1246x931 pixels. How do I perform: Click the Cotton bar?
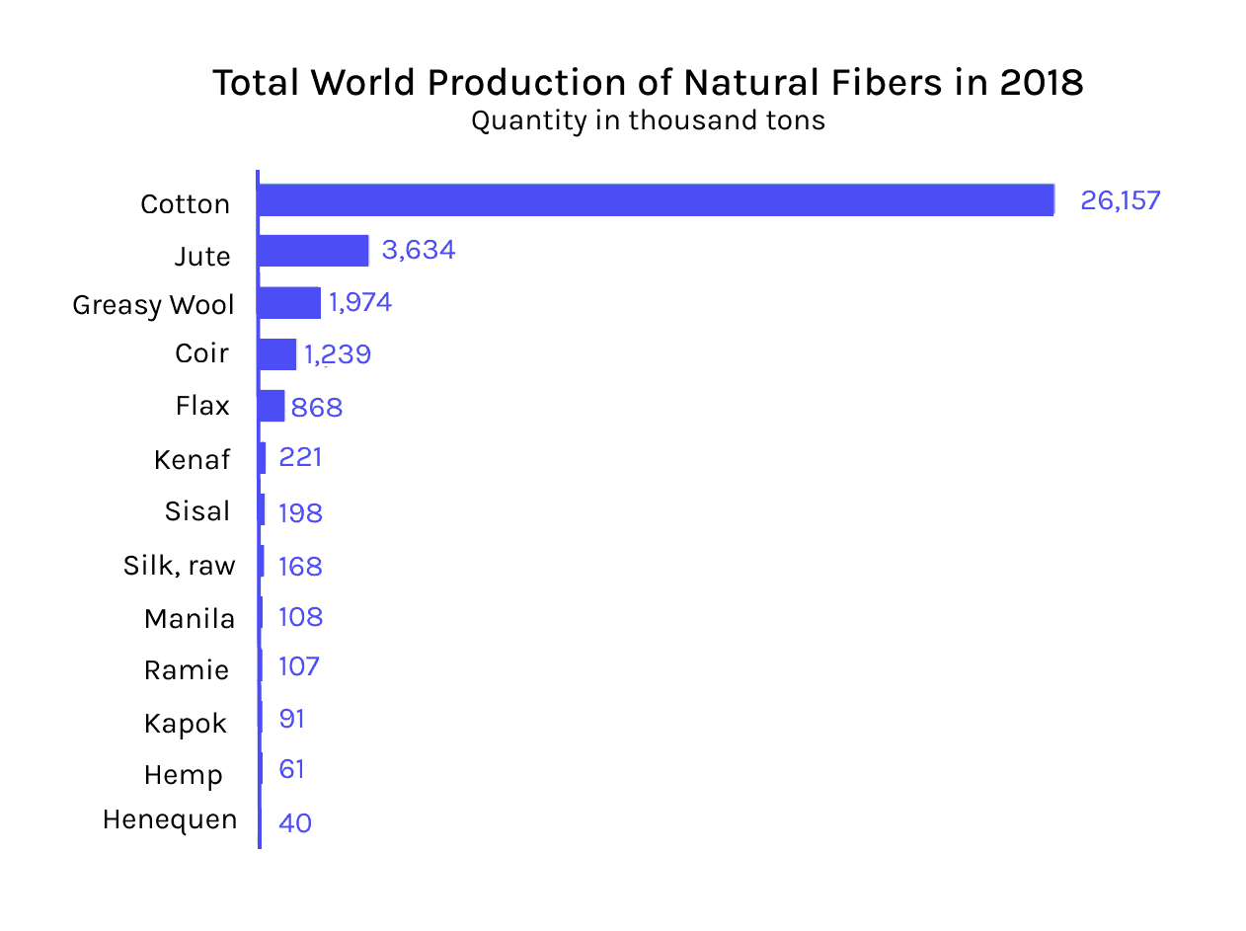coord(656,199)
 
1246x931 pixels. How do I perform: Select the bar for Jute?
coord(313,251)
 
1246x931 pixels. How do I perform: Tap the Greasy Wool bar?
coord(289,303)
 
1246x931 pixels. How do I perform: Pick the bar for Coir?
coord(277,354)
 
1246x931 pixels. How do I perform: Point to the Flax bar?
coord(272,406)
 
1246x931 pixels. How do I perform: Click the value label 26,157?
coord(1120,200)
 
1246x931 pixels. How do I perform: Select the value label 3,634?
coord(418,251)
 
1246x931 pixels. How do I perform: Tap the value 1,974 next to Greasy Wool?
coord(360,302)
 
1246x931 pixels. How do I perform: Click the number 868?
coord(316,408)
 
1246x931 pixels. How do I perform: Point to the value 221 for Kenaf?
coord(300,458)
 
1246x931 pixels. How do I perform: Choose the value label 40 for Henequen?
coord(295,822)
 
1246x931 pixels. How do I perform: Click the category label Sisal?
coord(197,511)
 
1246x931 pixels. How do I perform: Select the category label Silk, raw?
coord(180,566)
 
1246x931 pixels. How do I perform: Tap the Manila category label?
coord(190,619)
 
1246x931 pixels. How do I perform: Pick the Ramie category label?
coord(187,670)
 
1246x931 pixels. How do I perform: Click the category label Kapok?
coord(186,724)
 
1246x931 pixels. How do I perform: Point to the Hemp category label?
coord(184,776)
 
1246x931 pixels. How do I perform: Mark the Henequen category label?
coord(170,819)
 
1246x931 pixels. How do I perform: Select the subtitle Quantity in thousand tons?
coord(648,120)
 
